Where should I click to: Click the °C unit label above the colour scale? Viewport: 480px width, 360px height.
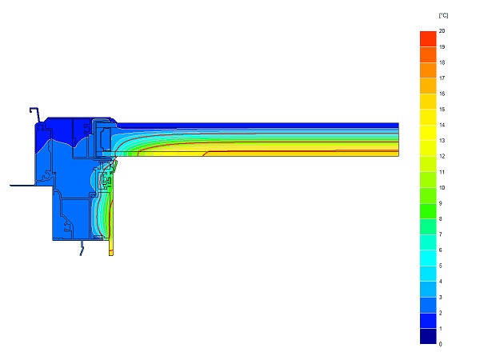[443, 15]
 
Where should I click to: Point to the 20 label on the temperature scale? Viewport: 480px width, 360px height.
[442, 31]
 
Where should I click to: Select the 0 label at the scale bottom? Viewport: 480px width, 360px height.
[441, 344]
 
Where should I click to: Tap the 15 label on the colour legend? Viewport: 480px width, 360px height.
[442, 110]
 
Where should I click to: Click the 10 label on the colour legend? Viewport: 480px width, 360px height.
[442, 188]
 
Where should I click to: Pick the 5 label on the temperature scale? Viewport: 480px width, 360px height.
[441, 266]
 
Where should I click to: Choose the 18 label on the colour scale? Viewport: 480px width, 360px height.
[442, 62]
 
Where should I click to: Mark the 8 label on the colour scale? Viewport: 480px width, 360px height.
[441, 219]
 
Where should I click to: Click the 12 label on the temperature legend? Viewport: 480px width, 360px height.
[442, 156]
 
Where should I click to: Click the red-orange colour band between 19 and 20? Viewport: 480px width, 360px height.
[428, 39]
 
